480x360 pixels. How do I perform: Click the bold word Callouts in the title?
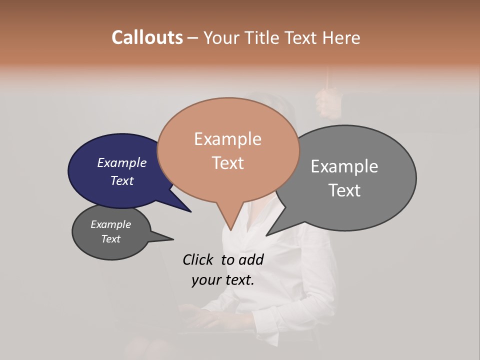point(147,37)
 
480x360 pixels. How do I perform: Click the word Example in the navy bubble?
point(122,163)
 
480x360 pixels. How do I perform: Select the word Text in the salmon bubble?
point(228,163)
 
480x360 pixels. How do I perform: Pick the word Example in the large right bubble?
point(344,166)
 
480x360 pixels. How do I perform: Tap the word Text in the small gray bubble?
point(111,239)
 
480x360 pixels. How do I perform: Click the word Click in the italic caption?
point(198,259)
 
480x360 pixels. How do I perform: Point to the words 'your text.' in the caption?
point(223,280)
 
